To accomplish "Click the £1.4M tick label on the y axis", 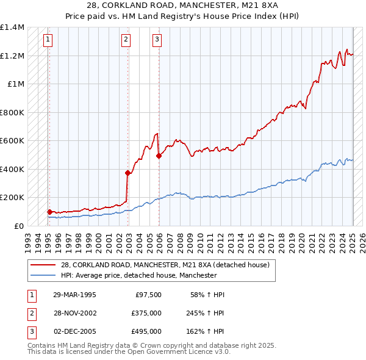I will click(x=12, y=27).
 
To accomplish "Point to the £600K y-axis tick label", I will click(x=12, y=140).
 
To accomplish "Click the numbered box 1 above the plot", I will click(x=48, y=40).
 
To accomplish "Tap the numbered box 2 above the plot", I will click(x=126, y=40).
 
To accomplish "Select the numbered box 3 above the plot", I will click(x=157, y=40).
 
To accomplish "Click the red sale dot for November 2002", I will click(x=127, y=173).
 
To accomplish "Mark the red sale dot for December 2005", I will click(x=159, y=156).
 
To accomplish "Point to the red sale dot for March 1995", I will click(x=49, y=212).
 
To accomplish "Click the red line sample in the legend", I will click(x=43, y=265).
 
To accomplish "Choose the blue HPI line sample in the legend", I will click(x=43, y=275).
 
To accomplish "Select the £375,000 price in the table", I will click(x=146, y=313).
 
